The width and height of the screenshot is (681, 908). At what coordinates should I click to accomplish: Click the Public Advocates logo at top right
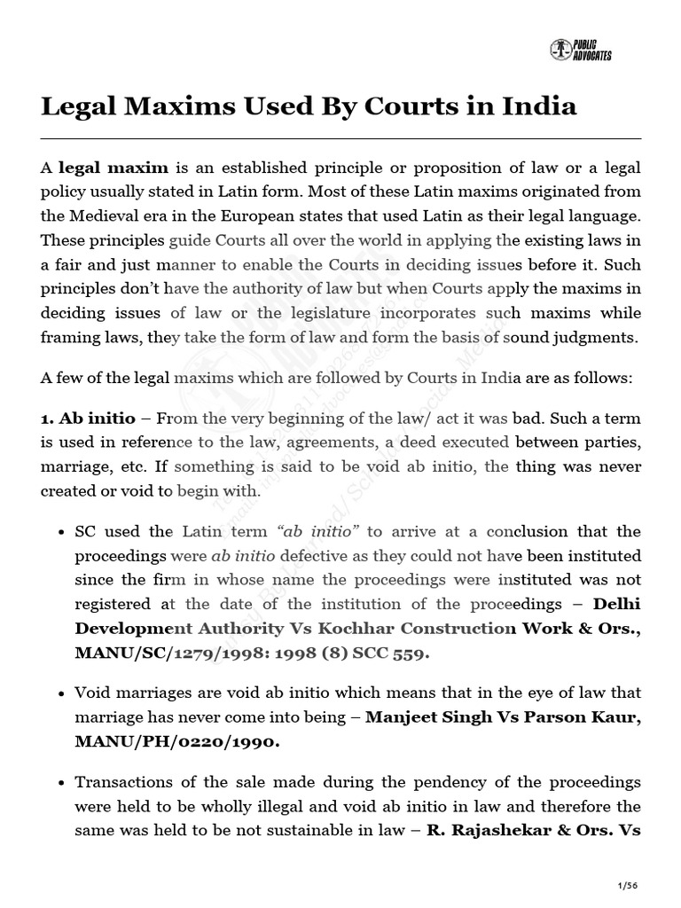(x=581, y=50)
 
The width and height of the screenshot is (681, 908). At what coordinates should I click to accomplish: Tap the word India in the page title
(x=540, y=106)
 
